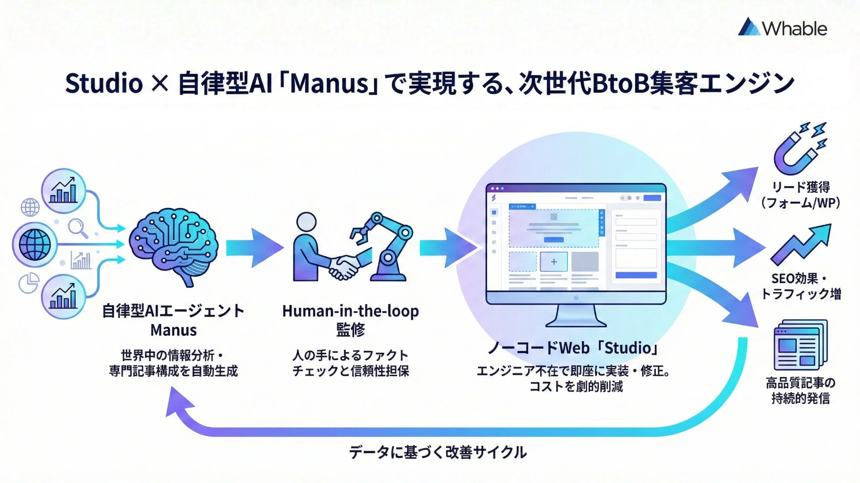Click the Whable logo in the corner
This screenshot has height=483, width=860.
click(x=782, y=28)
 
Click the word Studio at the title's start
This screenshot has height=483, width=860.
click(x=104, y=84)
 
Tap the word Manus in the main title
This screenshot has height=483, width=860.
click(x=329, y=84)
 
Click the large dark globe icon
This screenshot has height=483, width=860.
click(x=34, y=245)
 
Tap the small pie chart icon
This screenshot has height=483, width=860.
click(x=29, y=283)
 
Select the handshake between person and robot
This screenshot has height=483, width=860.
click(x=344, y=267)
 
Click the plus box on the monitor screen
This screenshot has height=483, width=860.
click(x=554, y=262)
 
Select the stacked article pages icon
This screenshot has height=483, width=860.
click(x=800, y=344)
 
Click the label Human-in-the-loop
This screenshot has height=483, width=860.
click(x=350, y=311)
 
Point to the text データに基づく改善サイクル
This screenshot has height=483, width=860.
click(x=438, y=452)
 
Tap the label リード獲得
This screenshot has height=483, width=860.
click(x=800, y=187)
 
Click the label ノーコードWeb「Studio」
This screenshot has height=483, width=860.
click(x=574, y=347)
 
